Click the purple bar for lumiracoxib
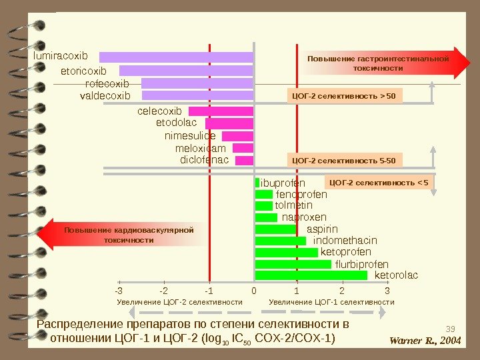(x=176, y=57)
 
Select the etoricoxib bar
(x=186, y=71)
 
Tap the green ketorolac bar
(x=311, y=275)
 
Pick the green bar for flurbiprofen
(x=293, y=264)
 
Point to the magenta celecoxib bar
(x=221, y=111)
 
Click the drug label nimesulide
(x=190, y=136)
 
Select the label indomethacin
(x=345, y=240)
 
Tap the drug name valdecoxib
(x=105, y=96)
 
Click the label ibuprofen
(x=283, y=183)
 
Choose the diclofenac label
(x=204, y=161)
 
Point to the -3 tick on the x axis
(x=119, y=291)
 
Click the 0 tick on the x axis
(x=253, y=291)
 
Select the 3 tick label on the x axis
(x=387, y=291)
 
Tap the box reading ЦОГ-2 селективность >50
(x=345, y=97)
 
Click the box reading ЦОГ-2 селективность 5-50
(x=345, y=161)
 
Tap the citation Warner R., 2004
(x=425, y=341)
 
